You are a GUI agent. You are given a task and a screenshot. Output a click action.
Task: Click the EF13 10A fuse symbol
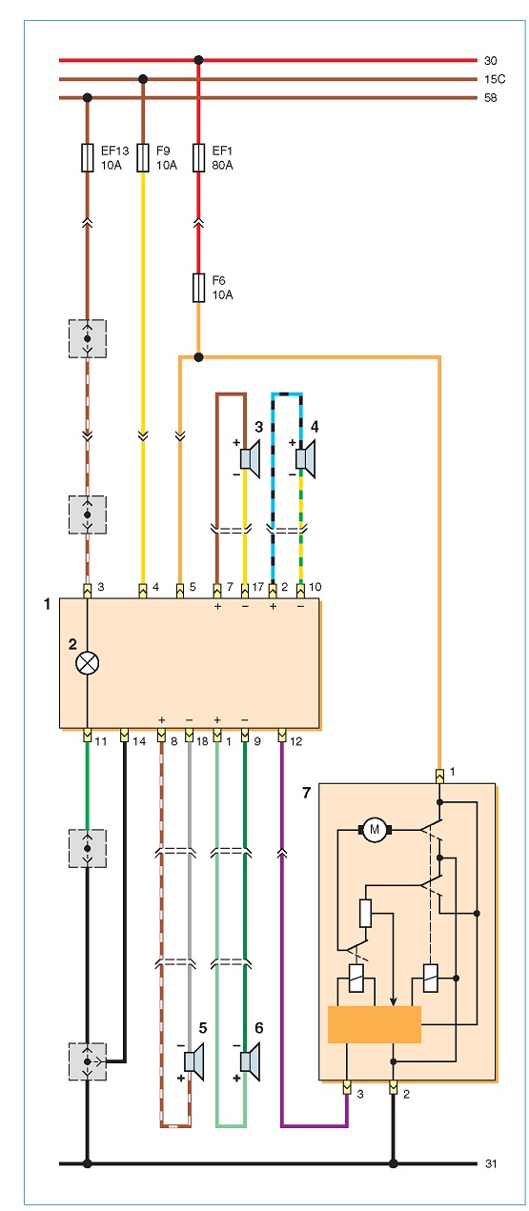coord(87,158)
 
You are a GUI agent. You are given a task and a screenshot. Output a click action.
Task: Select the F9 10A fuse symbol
coord(143,158)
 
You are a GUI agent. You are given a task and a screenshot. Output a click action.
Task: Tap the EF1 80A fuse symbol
coord(198,158)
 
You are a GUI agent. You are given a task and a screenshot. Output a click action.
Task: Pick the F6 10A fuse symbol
coord(198,288)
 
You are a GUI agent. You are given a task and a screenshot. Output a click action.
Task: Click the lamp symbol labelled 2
coord(87,663)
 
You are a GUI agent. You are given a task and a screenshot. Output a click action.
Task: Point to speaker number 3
coord(251,459)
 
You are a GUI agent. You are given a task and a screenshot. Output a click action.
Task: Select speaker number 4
coord(306,459)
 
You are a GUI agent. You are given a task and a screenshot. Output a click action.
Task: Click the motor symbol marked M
coord(375,829)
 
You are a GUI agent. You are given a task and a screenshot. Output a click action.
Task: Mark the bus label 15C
coord(495,79)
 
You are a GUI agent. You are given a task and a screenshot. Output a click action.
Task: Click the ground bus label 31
coord(491,1163)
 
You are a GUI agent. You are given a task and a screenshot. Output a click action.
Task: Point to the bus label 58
coord(491,98)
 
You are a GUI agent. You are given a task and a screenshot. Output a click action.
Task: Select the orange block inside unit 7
coord(375,1024)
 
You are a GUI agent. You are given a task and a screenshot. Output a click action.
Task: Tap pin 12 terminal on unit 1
coord(282,736)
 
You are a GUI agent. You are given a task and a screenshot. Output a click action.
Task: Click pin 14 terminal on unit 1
coord(125,736)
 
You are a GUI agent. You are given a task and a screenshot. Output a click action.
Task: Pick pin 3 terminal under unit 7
coord(347,1087)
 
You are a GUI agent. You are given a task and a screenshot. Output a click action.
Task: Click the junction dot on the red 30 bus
coord(198,60)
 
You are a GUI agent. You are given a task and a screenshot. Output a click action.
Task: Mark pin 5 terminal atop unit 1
coord(180,591)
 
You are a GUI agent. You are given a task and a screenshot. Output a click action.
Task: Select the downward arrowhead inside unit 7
coord(394,1001)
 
